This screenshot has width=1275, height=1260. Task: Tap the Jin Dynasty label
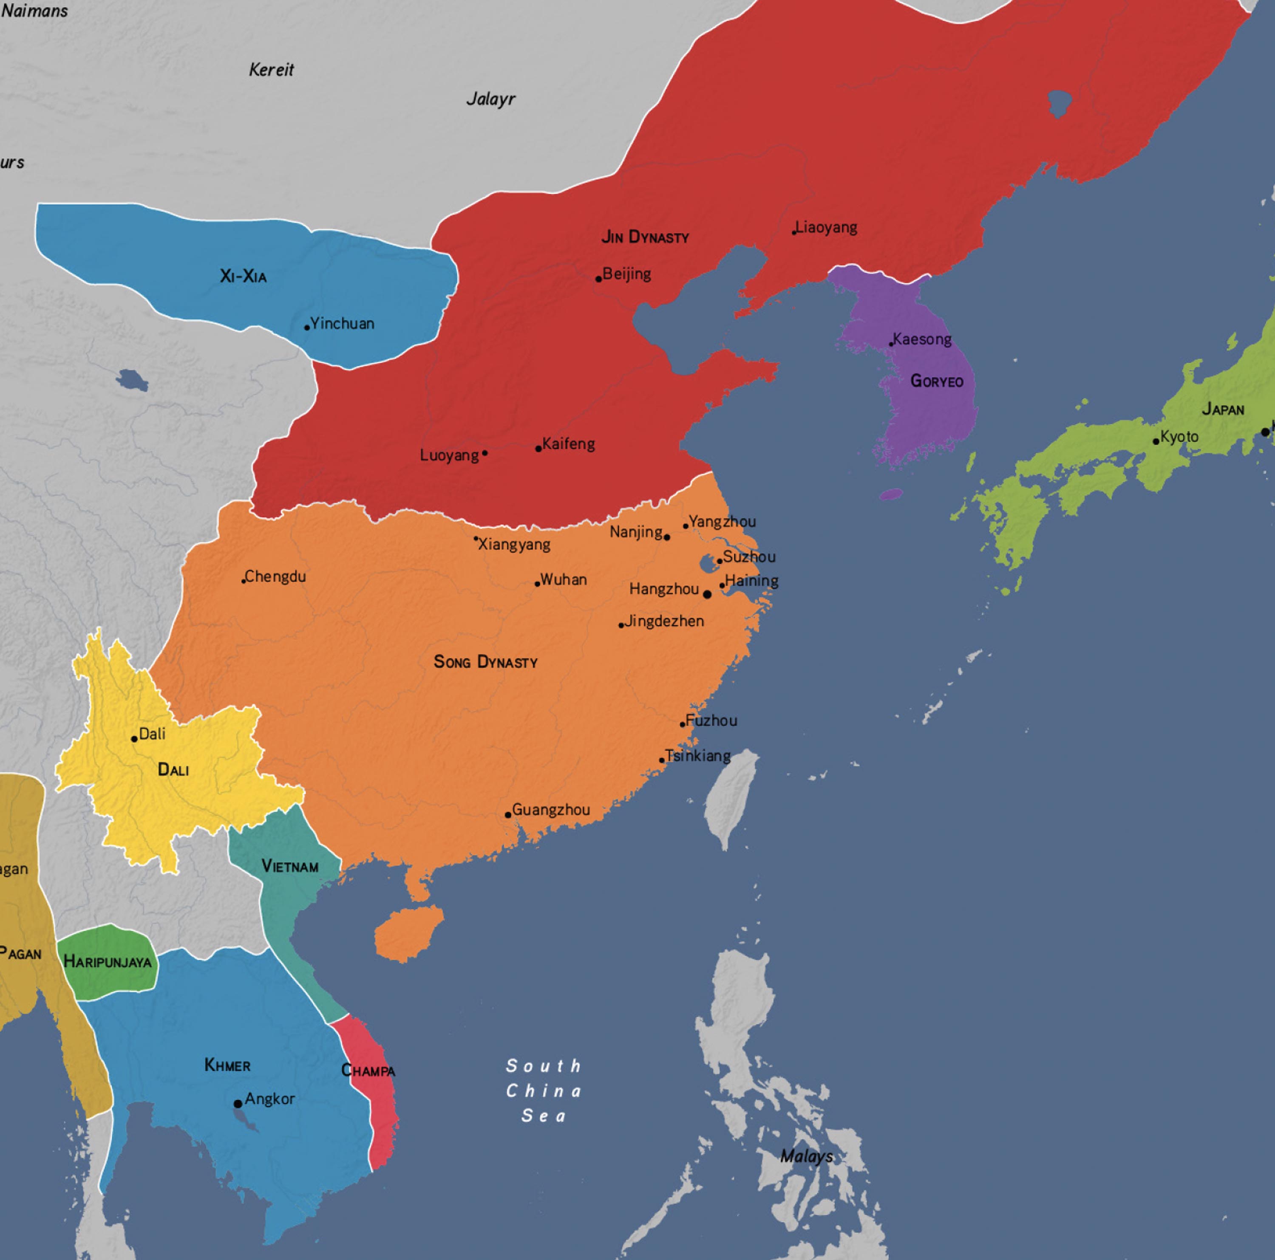tap(645, 237)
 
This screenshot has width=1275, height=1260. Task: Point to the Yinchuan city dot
tap(307, 327)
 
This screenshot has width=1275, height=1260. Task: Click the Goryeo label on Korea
tap(936, 381)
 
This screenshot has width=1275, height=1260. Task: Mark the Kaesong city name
tap(922, 339)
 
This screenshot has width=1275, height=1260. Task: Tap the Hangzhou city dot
tap(707, 594)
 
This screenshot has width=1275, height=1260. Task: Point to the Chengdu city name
tap(275, 576)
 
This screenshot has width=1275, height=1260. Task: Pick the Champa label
tap(368, 1071)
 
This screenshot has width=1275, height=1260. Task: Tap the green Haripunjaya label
tap(108, 962)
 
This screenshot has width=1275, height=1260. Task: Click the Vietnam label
tap(290, 866)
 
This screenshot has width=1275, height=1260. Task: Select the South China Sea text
tap(543, 1090)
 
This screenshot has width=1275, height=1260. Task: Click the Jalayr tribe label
tap(490, 99)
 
